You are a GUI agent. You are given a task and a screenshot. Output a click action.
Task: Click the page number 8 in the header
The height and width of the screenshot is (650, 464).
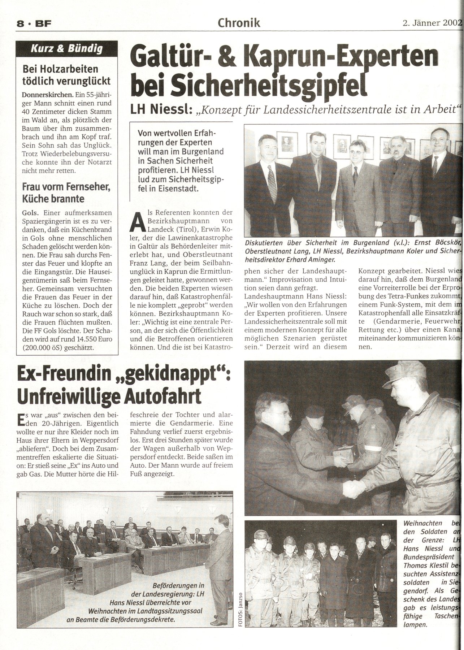tap(20, 24)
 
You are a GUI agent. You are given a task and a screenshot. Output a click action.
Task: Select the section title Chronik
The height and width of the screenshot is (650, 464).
tap(239, 23)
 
